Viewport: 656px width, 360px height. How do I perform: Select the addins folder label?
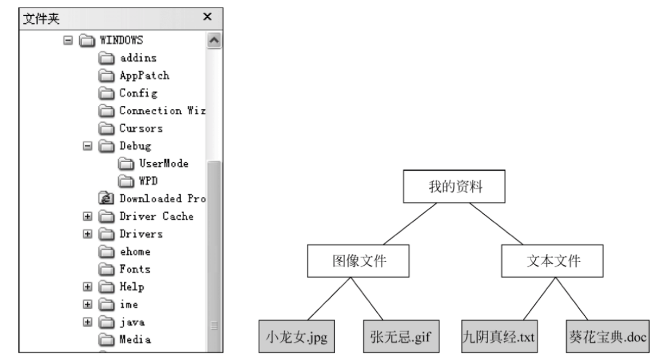tap(138, 58)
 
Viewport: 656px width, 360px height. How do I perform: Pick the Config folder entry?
tap(138, 93)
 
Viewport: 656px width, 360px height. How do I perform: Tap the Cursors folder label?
tap(141, 128)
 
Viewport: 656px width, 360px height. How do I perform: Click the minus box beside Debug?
tap(87, 146)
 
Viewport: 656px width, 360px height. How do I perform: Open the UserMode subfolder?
tap(163, 164)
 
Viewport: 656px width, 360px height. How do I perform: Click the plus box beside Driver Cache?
tap(87, 217)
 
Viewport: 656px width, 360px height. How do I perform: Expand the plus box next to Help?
tap(87, 287)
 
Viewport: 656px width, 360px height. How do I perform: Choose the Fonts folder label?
tap(135, 269)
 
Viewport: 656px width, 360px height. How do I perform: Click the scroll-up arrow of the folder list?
tap(214, 41)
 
